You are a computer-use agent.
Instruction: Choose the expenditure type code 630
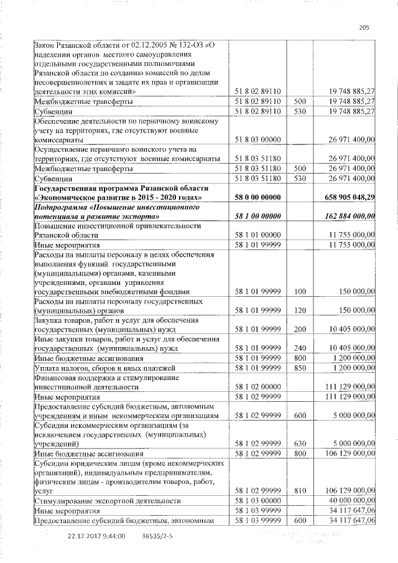click(300, 444)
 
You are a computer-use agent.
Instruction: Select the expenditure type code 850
click(300, 368)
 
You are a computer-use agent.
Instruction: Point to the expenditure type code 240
click(300, 348)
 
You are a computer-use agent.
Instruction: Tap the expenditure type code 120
click(300, 310)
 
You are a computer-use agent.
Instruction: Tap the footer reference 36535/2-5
click(158, 536)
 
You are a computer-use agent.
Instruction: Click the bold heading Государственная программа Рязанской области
click(121, 188)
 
